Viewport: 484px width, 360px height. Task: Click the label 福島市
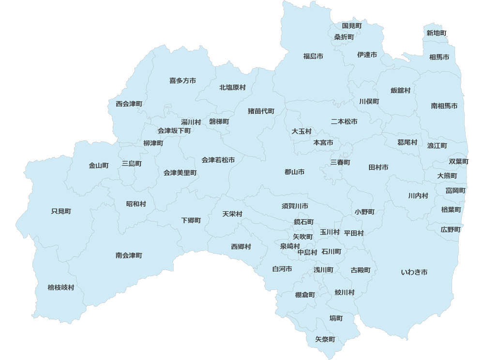coord(313,57)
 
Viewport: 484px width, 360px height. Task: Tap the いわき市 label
coord(414,272)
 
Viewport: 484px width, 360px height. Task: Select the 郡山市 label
coord(294,172)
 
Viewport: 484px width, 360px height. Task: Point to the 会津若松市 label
coord(218,160)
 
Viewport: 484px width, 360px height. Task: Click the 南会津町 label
coord(129,255)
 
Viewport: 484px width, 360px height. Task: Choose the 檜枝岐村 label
coord(61,287)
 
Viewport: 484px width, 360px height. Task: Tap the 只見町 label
coord(61,211)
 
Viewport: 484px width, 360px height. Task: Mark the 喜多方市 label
coord(182,80)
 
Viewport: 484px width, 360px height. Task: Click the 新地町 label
coord(437,33)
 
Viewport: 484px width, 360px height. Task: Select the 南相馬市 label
coord(444,105)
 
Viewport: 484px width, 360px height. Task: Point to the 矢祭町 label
coord(325,339)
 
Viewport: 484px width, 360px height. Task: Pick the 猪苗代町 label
coord(261,111)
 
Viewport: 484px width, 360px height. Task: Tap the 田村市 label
coord(378,167)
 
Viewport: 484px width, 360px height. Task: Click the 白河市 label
coord(282,269)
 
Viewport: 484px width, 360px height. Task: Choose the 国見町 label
coord(352,25)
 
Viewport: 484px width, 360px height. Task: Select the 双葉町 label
coord(458,161)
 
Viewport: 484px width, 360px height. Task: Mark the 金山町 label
coord(99,165)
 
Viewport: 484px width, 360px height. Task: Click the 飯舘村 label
coord(401,90)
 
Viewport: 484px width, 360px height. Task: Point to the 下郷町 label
coord(191,220)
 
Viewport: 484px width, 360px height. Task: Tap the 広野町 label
coord(451,229)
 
